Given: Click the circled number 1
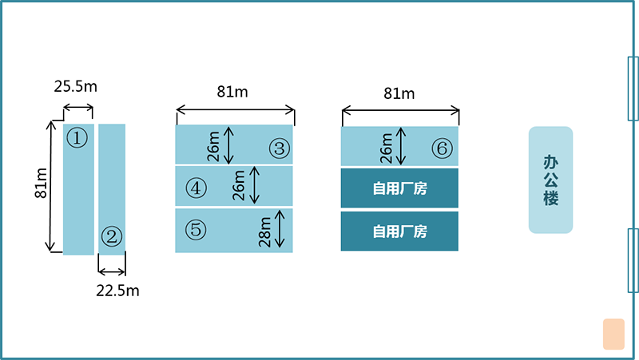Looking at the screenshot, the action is tap(77, 137).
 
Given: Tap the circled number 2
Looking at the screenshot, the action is tap(112, 236).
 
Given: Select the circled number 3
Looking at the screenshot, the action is tap(280, 148).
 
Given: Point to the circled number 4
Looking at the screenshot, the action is tap(196, 188).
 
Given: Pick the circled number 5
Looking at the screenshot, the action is tap(196, 229).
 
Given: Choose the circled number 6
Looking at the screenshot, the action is tap(443, 148).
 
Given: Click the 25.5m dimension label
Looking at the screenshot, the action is tap(75, 86).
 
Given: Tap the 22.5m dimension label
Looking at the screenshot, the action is tap(117, 291).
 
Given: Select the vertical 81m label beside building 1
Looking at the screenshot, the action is tap(42, 184).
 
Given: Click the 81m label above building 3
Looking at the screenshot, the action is tap(232, 92).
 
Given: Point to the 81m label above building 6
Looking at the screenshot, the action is tap(399, 93).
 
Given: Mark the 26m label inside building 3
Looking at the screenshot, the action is tap(213, 147).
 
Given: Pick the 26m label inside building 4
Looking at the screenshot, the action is tap(239, 185).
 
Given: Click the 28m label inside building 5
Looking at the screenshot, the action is tap(265, 232).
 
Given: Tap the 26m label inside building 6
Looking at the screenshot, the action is tap(387, 148).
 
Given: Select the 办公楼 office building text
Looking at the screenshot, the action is tap(550, 180).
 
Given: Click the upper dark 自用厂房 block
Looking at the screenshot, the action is tap(399, 188).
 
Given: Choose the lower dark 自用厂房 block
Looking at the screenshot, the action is tap(399, 231).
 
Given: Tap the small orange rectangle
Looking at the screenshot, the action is tap(613, 334).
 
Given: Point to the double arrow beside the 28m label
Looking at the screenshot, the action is tap(280, 229).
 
